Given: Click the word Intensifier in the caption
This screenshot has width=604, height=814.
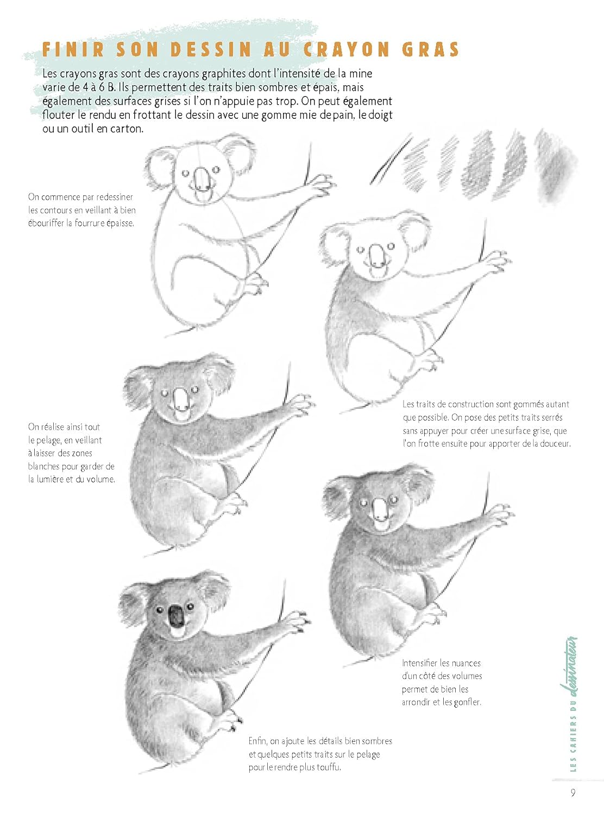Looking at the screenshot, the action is [420, 663].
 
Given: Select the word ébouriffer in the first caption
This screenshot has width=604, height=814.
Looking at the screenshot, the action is [46, 223].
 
